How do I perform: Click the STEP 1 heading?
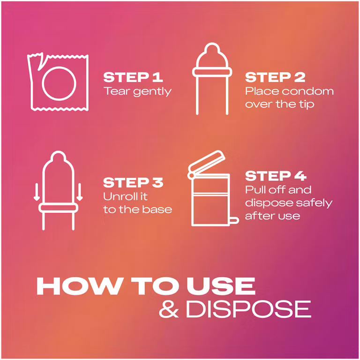click(133, 77)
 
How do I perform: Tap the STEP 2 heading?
click(275, 77)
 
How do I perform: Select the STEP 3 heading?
click(133, 183)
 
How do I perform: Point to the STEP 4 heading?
click(276, 176)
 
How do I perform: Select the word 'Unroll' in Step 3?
click(118, 196)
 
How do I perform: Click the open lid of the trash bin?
click(207, 164)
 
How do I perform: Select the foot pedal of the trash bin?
click(234, 220)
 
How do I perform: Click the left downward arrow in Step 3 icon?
click(37, 192)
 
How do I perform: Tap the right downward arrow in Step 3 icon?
click(79, 192)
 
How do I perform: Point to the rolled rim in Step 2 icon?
click(212, 72)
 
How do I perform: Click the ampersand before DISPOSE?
click(169, 309)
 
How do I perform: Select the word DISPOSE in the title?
click(248, 309)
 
